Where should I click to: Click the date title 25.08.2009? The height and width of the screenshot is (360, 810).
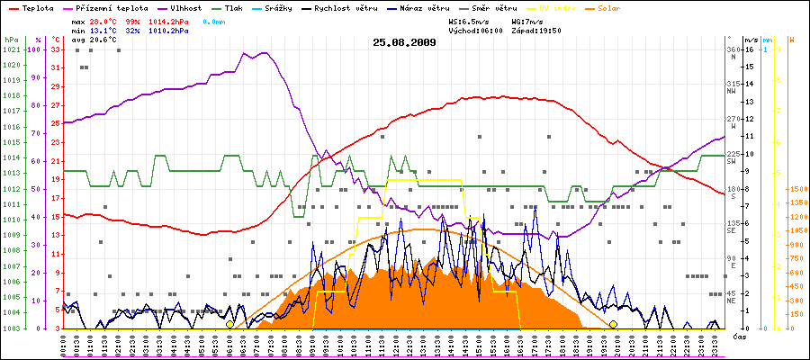click(x=405, y=41)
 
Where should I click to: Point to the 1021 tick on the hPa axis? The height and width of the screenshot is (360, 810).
click(x=11, y=49)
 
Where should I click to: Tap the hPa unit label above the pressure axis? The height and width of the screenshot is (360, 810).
click(x=11, y=40)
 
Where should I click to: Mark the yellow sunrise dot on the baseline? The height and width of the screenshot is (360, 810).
click(x=229, y=324)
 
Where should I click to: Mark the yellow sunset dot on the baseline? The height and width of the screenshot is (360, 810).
click(x=613, y=324)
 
